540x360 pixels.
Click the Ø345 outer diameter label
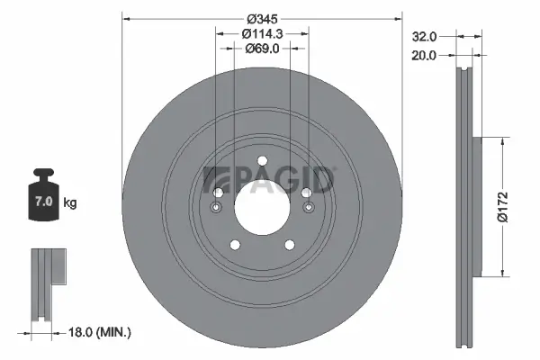click(262, 18)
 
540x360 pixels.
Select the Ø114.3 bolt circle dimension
click(262, 33)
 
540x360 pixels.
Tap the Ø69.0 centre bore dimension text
click(262, 49)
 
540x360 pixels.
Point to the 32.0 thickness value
click(424, 37)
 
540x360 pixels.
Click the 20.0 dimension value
click(424, 55)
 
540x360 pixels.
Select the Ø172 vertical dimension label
click(511, 207)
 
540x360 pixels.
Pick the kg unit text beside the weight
click(70, 203)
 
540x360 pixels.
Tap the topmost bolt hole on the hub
click(262, 162)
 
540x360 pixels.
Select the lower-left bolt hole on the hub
click(234, 245)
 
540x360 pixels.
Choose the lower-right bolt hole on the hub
click(290, 245)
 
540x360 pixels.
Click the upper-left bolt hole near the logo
click(218, 193)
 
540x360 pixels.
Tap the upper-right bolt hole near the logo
click(306, 193)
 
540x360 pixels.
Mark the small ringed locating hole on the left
click(215, 210)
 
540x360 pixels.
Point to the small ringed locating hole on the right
click(309, 210)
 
